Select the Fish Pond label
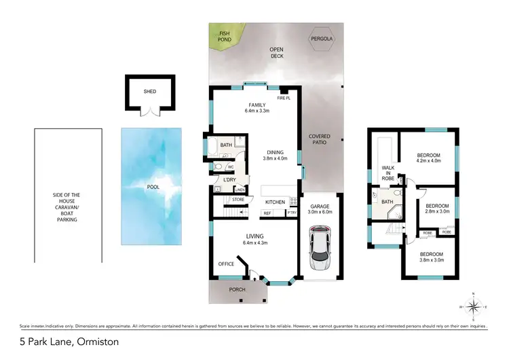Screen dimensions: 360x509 [225, 37]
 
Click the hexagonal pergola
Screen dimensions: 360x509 [322, 39]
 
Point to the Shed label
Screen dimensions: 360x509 [149, 91]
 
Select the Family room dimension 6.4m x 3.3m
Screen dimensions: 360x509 [257, 111]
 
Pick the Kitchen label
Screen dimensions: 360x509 [275, 202]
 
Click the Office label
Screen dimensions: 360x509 [226, 264]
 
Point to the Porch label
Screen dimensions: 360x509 [236, 289]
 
